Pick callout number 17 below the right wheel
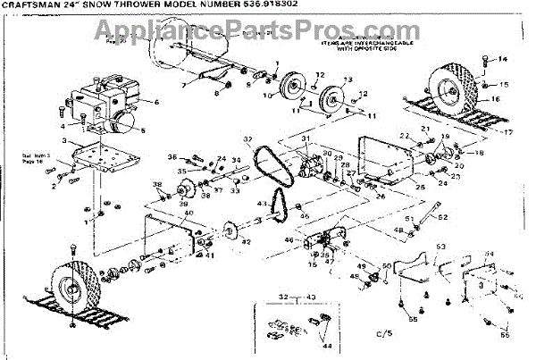(x=508, y=131)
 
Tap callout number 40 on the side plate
(x=188, y=213)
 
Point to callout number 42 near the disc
(x=247, y=242)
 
